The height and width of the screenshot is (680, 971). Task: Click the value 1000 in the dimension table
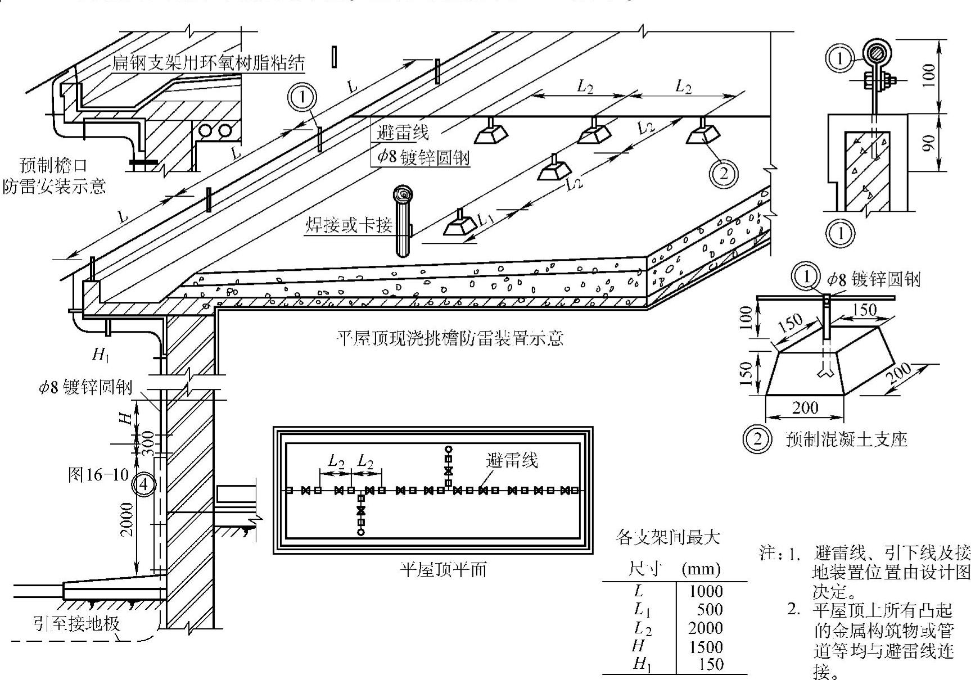point(706,591)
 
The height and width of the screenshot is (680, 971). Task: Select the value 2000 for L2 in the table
point(706,628)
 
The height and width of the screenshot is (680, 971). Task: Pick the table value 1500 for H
point(706,646)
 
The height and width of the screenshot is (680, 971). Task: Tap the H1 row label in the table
point(642,664)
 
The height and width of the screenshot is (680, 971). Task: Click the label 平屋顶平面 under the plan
point(443,569)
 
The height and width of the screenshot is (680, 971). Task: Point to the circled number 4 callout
point(143,483)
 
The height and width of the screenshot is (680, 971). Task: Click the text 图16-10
point(98,475)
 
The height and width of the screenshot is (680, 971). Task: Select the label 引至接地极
point(76,623)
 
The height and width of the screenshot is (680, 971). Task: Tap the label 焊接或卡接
point(349,225)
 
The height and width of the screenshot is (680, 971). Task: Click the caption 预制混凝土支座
point(847,439)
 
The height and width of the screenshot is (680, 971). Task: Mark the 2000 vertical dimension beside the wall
point(127,520)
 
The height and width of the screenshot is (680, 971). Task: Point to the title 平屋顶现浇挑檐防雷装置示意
point(449,338)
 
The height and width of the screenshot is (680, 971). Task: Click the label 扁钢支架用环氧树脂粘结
point(208,62)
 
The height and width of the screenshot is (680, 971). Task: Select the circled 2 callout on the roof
point(724,173)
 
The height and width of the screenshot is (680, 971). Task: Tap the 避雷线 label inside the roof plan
point(512,460)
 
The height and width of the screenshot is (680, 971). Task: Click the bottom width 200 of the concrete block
point(805,407)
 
